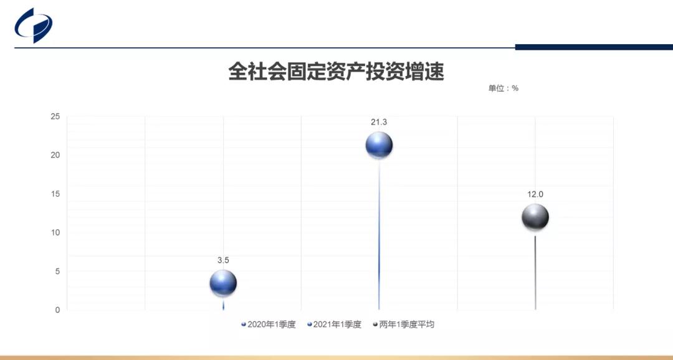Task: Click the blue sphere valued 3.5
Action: point(223,283)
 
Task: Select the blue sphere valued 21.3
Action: point(379,145)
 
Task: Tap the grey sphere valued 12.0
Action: point(535,217)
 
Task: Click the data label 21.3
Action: point(379,122)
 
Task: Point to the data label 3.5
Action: point(223,260)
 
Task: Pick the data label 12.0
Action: point(535,194)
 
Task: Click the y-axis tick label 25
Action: point(55,116)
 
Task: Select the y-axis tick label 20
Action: point(55,155)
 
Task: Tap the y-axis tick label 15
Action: point(55,194)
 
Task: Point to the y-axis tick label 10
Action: point(55,232)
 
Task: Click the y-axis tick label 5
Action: point(57,271)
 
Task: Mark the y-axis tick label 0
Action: point(57,310)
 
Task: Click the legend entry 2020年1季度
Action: point(268,324)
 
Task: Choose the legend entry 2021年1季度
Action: point(335,324)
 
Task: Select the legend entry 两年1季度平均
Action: point(403,324)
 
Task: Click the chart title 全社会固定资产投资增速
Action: point(336,71)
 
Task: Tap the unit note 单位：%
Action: point(503,88)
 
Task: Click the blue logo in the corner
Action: point(34,26)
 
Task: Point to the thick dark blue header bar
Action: point(594,47)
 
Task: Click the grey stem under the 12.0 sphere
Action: point(535,272)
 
